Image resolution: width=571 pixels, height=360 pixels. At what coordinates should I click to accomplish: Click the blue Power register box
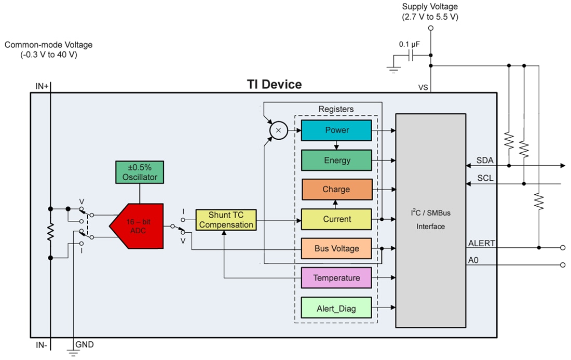(x=336, y=130)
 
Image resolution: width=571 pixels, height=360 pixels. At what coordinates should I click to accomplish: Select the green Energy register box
(x=336, y=160)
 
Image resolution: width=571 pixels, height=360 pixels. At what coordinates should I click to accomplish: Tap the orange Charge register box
(x=336, y=190)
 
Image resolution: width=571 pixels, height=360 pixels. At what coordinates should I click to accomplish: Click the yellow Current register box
(x=336, y=219)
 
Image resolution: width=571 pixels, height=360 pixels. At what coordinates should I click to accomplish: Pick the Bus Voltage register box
(x=336, y=248)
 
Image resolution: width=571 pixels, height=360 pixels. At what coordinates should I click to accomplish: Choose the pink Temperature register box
(x=336, y=278)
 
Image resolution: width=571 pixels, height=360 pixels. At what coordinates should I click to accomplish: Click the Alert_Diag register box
(x=336, y=308)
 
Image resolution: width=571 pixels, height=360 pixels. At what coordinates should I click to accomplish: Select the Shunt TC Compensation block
(x=226, y=220)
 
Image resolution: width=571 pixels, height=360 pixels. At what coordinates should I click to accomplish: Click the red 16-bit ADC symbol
(x=138, y=226)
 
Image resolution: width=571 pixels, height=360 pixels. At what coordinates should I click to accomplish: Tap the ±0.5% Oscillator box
(x=140, y=172)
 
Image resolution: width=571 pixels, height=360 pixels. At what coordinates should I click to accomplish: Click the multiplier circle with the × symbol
(x=278, y=130)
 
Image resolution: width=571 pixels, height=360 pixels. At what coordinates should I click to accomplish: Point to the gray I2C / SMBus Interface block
(x=430, y=220)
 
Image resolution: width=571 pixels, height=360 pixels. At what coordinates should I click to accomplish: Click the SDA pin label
(x=485, y=160)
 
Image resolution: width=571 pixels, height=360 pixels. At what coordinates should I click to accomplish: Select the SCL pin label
(x=485, y=178)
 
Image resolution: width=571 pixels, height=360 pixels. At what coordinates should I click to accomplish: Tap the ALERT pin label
(x=481, y=243)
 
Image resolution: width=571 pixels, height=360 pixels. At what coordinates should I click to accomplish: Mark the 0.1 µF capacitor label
(x=410, y=44)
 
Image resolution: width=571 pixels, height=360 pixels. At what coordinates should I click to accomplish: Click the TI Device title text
(x=274, y=84)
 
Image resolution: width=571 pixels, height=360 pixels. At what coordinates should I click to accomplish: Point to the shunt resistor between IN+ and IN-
(x=50, y=233)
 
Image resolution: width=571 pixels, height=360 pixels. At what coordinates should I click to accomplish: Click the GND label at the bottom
(x=85, y=344)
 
